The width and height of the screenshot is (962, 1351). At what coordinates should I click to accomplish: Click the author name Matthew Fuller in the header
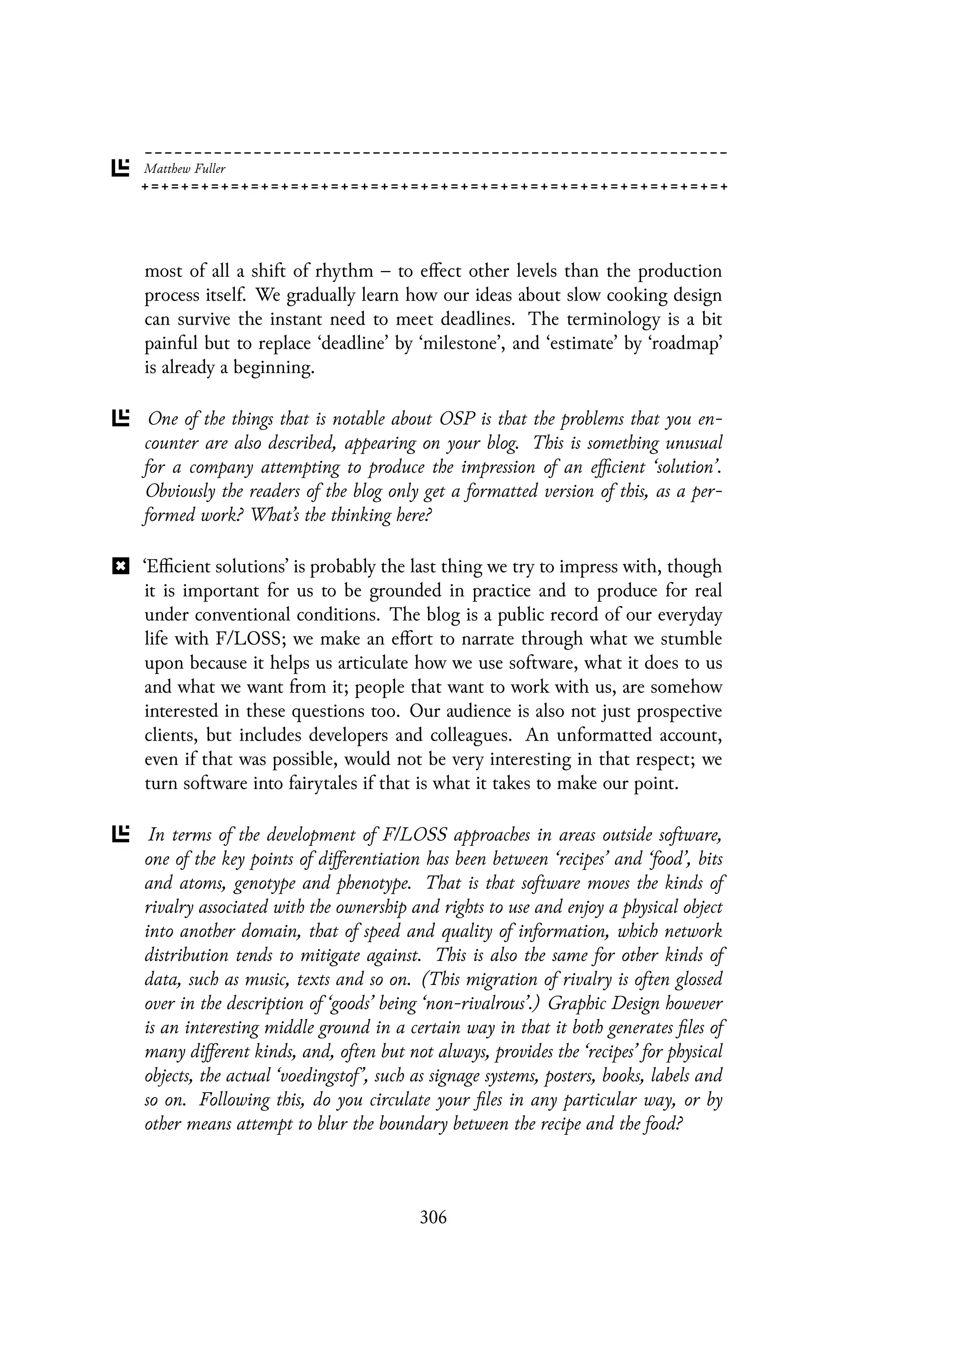tap(185, 169)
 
